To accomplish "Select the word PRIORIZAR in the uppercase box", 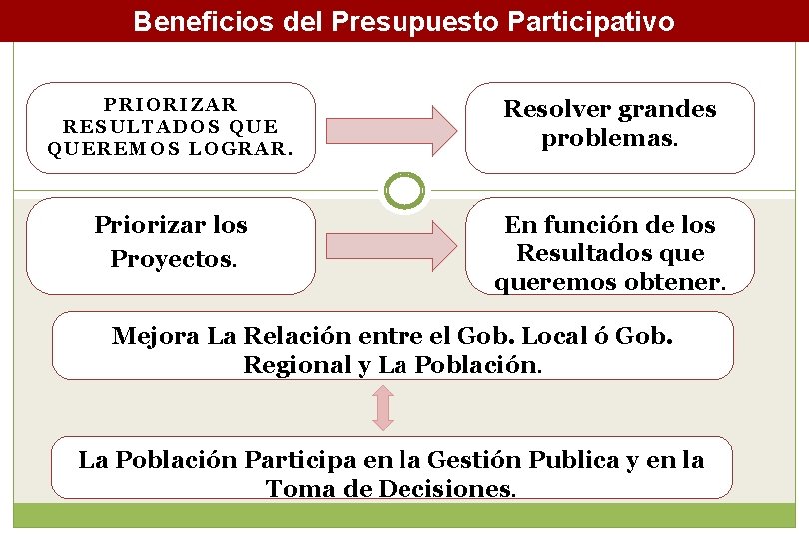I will coord(171,105).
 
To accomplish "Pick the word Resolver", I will coord(555,109).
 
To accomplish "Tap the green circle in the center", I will coord(404,190).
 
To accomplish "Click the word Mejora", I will coord(156,335).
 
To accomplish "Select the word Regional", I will coord(297,365).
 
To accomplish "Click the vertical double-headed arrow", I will coord(384,407).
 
